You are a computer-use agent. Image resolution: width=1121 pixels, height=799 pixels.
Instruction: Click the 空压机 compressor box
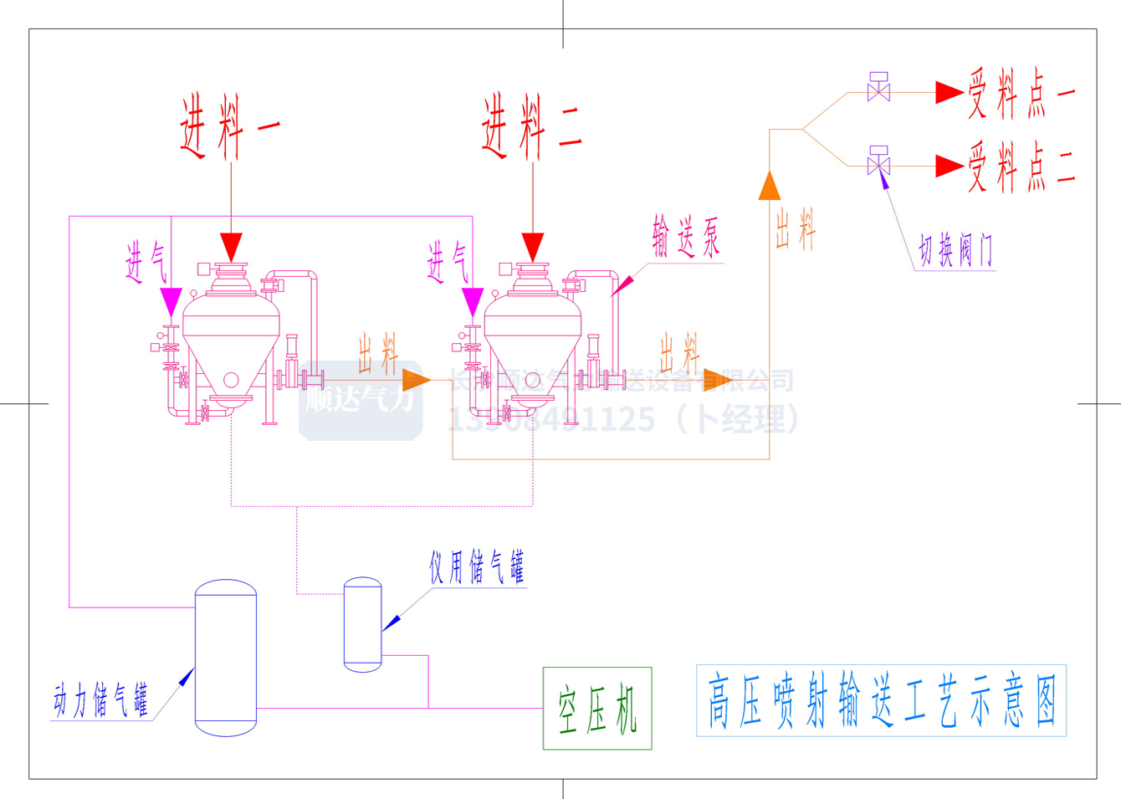click(x=597, y=708)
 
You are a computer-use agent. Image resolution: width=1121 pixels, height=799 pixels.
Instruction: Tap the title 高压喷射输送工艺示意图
click(x=881, y=701)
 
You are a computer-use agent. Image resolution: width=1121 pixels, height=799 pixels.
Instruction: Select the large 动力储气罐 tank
click(x=225, y=658)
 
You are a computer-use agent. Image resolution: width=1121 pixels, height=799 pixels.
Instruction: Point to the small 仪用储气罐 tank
click(x=363, y=624)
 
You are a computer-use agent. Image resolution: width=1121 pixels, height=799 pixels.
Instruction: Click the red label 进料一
click(x=229, y=126)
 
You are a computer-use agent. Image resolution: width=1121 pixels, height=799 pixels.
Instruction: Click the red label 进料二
click(x=531, y=126)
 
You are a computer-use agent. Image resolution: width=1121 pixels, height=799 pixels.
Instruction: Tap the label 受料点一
click(x=1021, y=93)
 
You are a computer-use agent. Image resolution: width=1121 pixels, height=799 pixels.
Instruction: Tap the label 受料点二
click(x=1021, y=166)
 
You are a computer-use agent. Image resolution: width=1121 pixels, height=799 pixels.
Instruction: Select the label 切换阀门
click(x=955, y=250)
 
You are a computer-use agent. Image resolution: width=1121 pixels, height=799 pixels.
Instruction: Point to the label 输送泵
click(x=686, y=238)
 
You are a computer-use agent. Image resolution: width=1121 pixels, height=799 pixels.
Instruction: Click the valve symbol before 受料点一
click(x=878, y=88)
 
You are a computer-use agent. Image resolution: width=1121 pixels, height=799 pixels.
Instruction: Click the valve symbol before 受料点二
click(x=878, y=161)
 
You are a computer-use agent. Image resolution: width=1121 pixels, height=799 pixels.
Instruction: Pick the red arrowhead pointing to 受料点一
click(x=949, y=92)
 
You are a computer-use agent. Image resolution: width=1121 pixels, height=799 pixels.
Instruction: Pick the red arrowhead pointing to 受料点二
click(x=949, y=166)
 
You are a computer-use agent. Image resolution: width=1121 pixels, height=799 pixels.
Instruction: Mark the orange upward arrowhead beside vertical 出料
click(x=769, y=187)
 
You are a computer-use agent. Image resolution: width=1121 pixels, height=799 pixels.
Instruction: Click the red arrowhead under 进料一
click(x=231, y=247)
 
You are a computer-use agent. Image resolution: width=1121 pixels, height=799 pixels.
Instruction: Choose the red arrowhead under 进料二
click(x=533, y=247)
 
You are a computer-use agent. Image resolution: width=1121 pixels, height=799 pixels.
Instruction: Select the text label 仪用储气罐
click(x=477, y=567)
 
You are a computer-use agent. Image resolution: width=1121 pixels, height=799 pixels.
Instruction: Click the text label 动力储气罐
click(x=101, y=700)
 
